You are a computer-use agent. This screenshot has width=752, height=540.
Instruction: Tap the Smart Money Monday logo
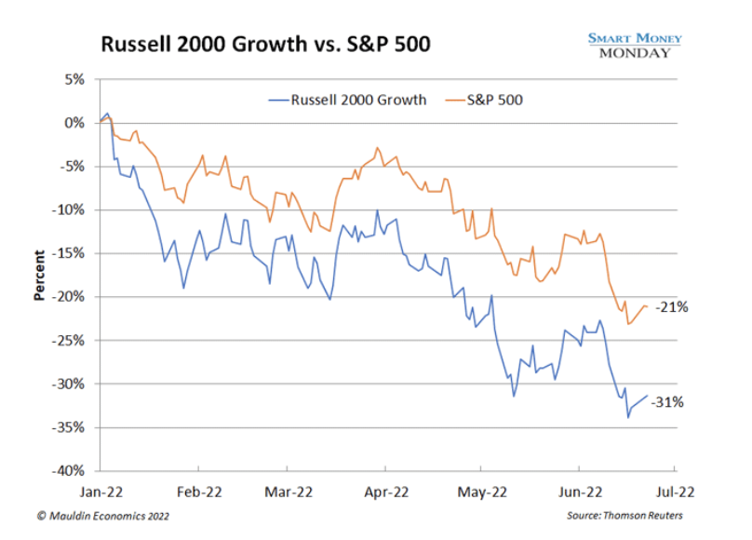[634, 45]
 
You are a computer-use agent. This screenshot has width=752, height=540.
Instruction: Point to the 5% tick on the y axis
[74, 79]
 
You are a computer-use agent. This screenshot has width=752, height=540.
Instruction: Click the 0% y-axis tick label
[74, 123]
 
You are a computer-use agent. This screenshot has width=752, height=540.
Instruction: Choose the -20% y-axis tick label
[71, 297]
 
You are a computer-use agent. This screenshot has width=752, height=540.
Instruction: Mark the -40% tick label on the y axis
[71, 471]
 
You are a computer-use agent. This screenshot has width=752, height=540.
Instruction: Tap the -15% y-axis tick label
[71, 253]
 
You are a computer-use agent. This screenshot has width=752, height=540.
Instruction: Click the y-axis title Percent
[40, 275]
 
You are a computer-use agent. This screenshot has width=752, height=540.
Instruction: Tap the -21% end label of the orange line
[671, 306]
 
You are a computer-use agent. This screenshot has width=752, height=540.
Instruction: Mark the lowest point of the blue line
[628, 416]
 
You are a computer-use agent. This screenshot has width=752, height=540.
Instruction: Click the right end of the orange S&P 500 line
[648, 306]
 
